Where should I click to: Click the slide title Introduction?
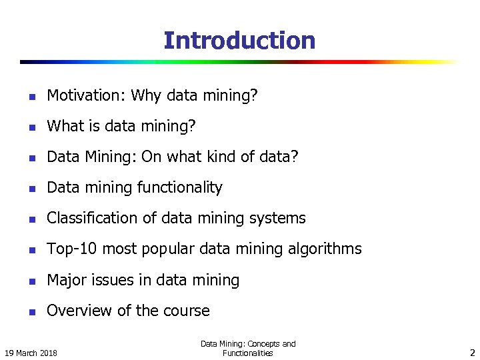coord(239,41)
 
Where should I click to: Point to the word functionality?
coord(179,188)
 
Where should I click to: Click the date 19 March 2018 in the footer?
coord(31,352)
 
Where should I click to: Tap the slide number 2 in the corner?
coord(471,351)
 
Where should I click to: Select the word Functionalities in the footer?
coord(248,353)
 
